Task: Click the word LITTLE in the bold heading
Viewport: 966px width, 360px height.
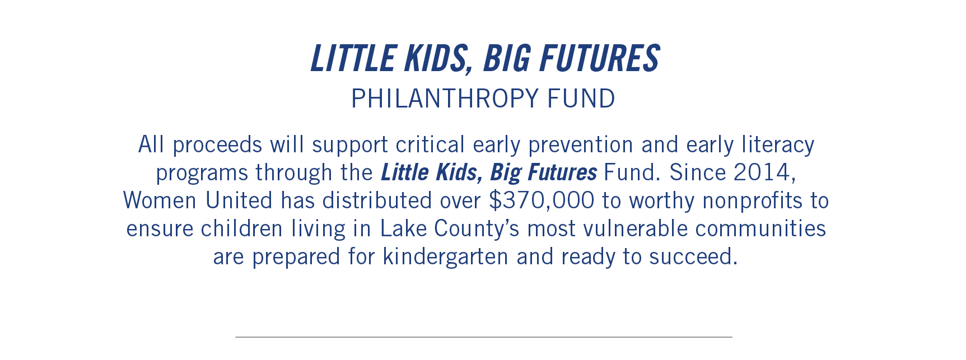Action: (x=353, y=59)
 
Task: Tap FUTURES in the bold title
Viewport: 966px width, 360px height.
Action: (x=600, y=59)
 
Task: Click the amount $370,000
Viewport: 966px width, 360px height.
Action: (x=542, y=200)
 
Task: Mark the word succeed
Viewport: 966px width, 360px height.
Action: (x=693, y=256)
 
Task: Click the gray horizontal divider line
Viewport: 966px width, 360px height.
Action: (x=484, y=337)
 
